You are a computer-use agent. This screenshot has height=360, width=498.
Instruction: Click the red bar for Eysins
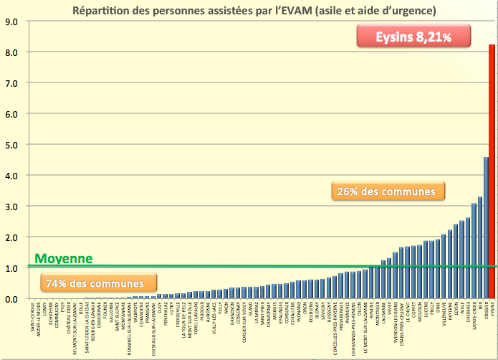pos(492,172)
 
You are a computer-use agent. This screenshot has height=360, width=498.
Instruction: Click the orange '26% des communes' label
pos(388,191)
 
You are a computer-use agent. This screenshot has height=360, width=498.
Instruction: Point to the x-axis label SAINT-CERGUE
pos(33,316)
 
